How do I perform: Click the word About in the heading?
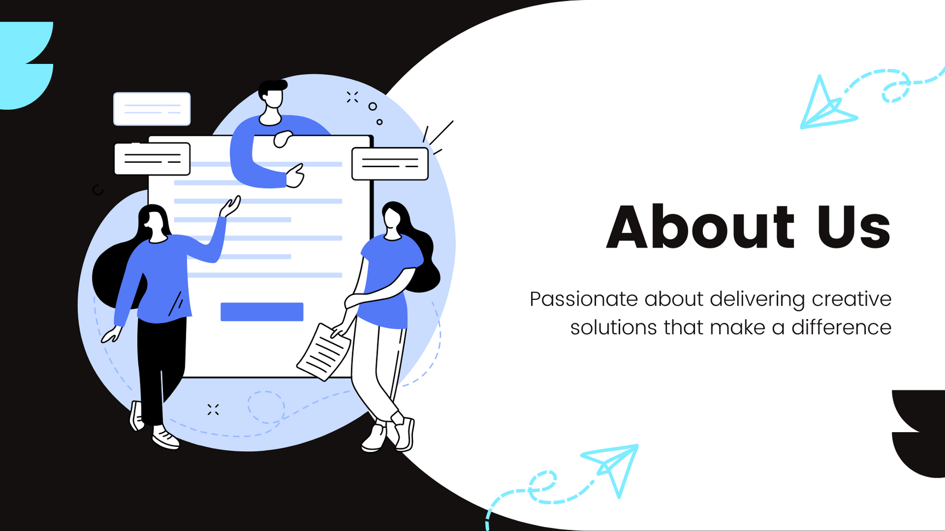click(700, 226)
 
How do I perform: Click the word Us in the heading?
click(854, 226)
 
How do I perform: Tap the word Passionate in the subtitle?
click(584, 299)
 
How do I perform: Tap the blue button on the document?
click(262, 311)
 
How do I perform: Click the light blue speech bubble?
click(152, 109)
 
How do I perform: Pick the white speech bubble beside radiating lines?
click(390, 163)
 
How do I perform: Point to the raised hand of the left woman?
click(230, 206)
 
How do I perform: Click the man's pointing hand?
click(295, 176)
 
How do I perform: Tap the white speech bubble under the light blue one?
click(152, 159)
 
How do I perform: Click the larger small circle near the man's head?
click(372, 107)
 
